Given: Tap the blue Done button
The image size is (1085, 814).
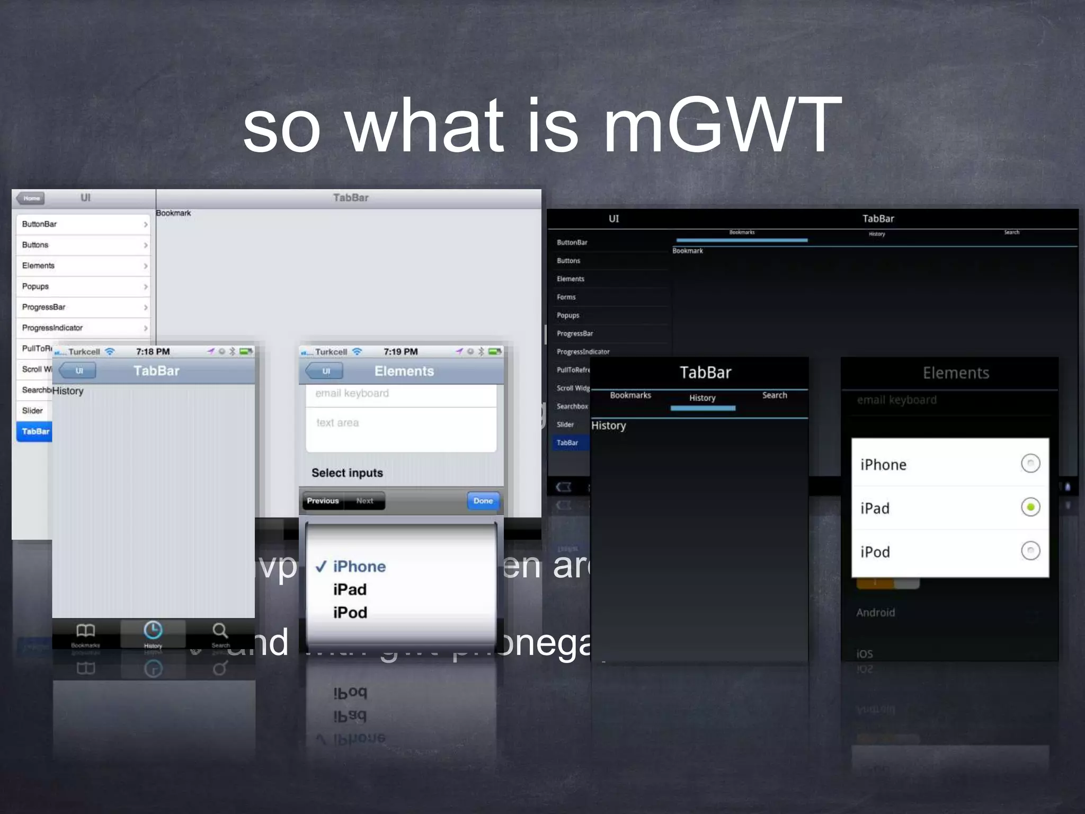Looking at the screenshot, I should coord(483,501).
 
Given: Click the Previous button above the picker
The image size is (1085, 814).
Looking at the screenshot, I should coord(323,501).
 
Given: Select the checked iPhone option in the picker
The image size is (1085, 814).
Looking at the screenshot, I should coord(359,567).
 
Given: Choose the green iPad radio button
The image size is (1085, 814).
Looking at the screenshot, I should coord(1030,507).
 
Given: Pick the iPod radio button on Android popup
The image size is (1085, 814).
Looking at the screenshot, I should coord(1030,551).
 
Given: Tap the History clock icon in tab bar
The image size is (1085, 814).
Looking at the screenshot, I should coord(153,631).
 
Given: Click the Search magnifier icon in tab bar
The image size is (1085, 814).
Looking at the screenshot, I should coord(220,631).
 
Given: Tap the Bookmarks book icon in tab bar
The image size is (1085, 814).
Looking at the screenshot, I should coord(85,631).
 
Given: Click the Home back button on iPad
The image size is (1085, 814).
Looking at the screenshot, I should coord(31,198).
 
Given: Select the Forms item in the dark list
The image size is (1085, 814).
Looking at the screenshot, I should coord(566,297).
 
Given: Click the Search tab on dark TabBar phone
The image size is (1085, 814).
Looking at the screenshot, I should coord(775,395).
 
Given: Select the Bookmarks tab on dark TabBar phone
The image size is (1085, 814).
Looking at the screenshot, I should coord(630,395).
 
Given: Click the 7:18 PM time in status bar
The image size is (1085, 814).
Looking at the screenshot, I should coord(153,352).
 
